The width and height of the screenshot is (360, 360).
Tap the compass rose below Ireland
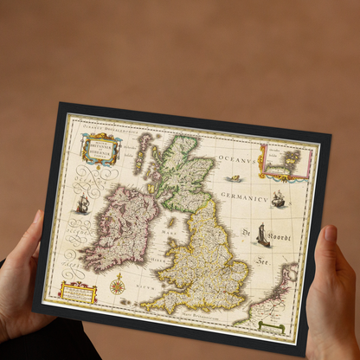[117, 283]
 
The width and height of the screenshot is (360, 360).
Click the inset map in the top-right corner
[286, 163]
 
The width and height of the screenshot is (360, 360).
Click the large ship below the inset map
[279, 200]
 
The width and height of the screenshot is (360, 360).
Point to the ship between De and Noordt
[260, 236]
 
